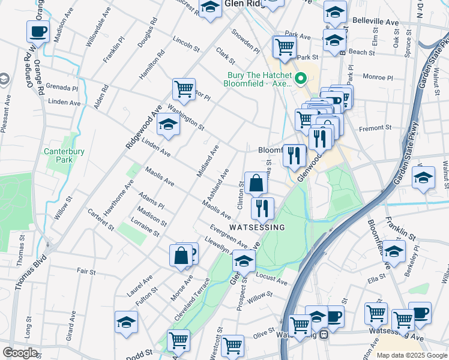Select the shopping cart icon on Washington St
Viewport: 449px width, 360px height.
tap(184, 89)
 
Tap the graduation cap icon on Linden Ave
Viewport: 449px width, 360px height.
tap(168, 125)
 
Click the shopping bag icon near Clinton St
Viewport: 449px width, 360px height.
tap(256, 183)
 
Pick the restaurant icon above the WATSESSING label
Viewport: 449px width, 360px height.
tap(262, 208)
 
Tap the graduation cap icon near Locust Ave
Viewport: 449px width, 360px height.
tap(244, 261)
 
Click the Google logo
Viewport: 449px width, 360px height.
tap(20, 353)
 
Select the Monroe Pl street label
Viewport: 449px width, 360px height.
tap(378, 77)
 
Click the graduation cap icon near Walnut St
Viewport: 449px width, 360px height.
tap(423, 178)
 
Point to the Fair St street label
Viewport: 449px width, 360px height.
tap(87, 272)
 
